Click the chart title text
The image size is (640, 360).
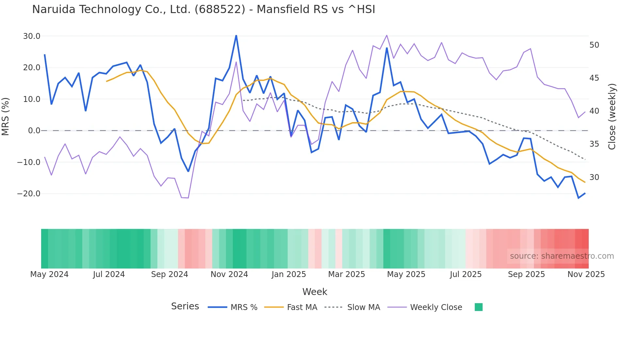click(203, 9)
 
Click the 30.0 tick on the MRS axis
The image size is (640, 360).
click(32, 36)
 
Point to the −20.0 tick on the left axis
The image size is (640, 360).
click(29, 194)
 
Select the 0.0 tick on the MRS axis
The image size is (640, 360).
click(34, 131)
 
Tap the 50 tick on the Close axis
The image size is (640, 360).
click(594, 45)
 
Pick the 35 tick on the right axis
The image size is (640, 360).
click(594, 144)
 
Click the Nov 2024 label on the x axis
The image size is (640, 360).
click(229, 274)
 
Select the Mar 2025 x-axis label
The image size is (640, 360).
click(346, 274)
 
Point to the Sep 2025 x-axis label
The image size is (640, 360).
click(526, 274)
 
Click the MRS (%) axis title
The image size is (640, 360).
click(6, 116)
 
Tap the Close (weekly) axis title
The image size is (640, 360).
click(612, 117)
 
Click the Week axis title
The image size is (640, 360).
click(315, 292)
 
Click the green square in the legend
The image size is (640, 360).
click(478, 307)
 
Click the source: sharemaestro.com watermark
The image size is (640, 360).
click(562, 256)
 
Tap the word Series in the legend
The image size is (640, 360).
click(185, 306)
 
